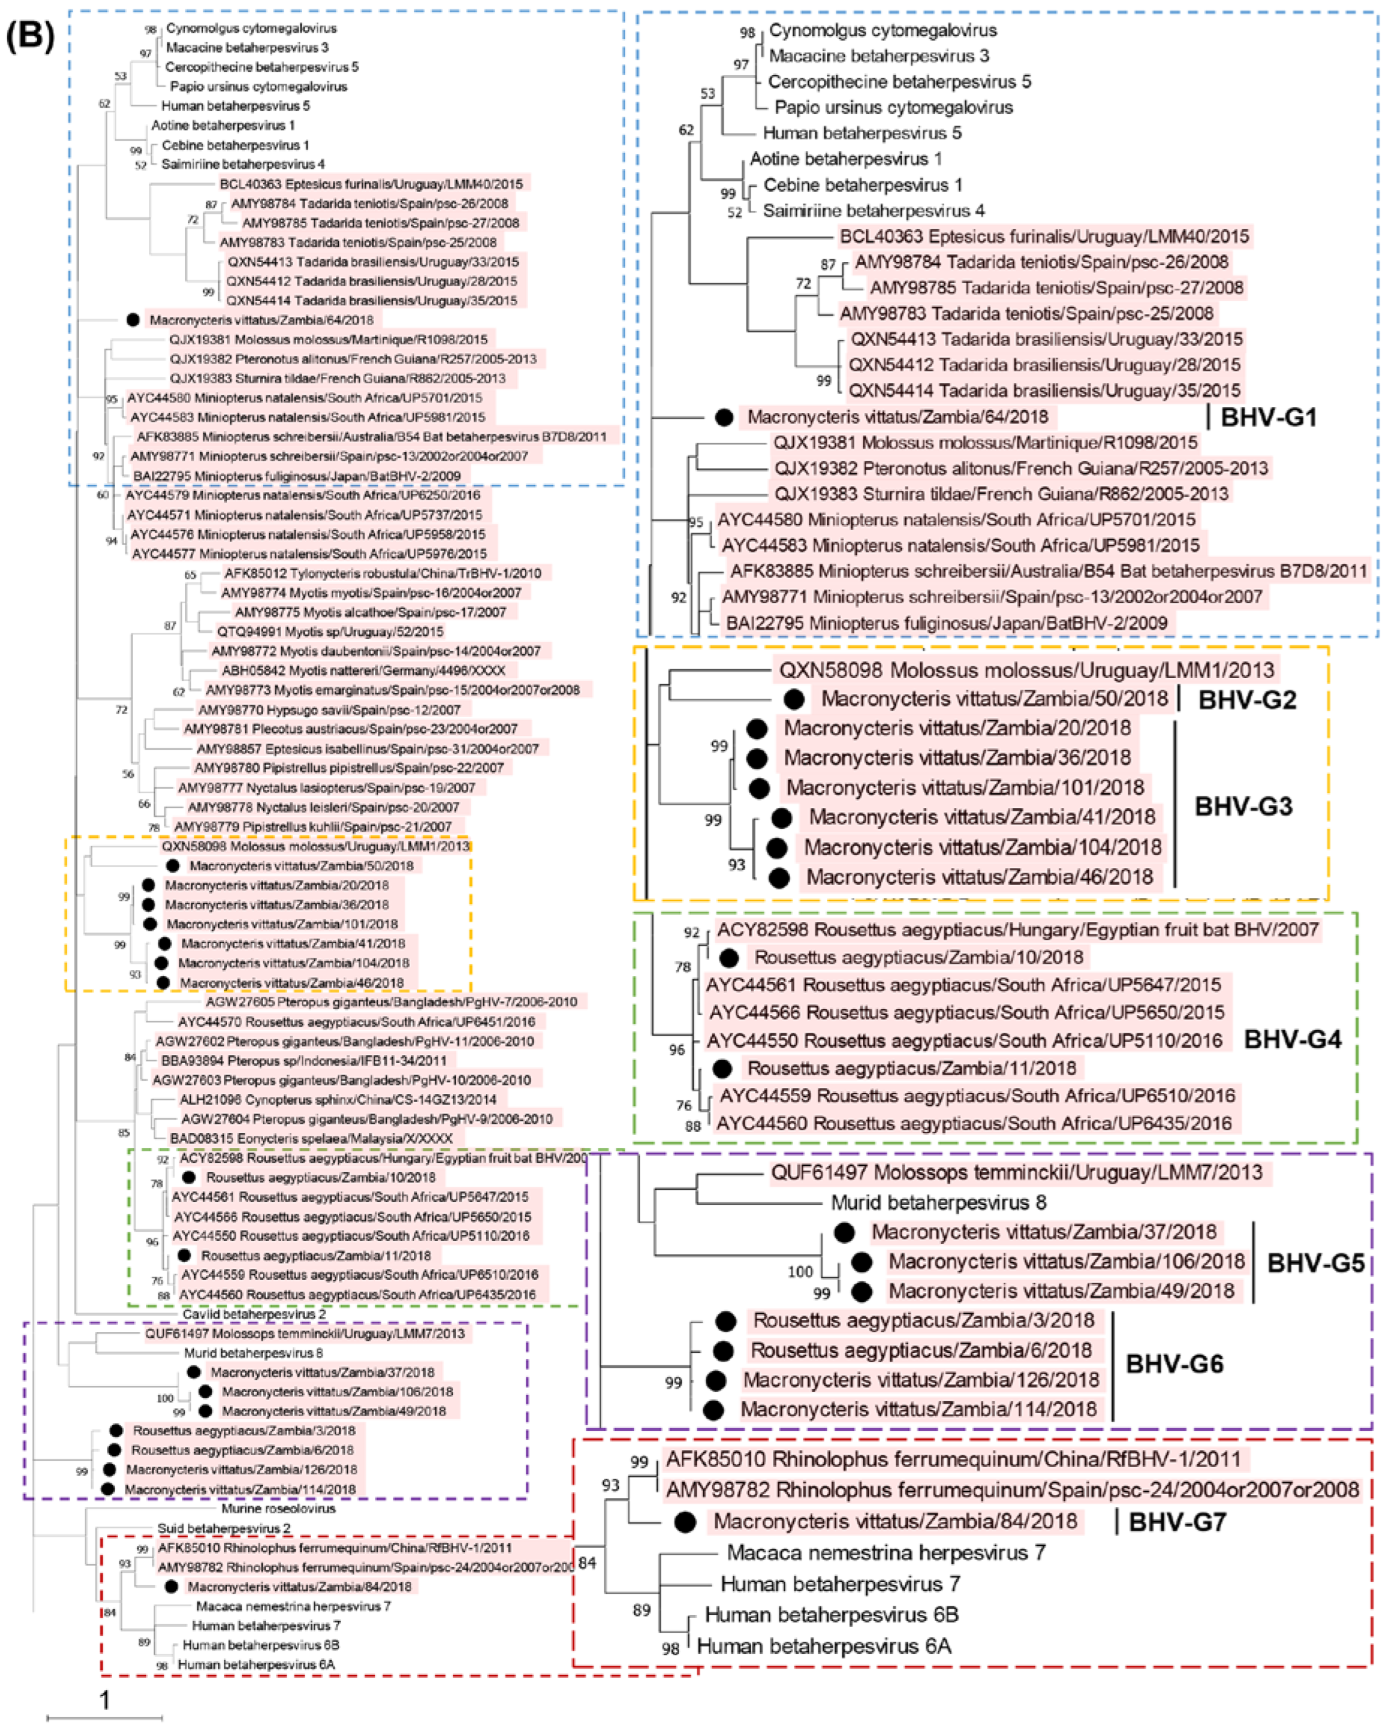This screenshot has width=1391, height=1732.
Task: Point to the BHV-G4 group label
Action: click(x=1292, y=1040)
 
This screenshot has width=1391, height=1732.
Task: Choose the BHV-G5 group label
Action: click(x=1316, y=1263)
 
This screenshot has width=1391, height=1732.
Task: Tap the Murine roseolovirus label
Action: click(x=279, y=1509)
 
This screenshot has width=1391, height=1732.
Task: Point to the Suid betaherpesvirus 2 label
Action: click(x=224, y=1528)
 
